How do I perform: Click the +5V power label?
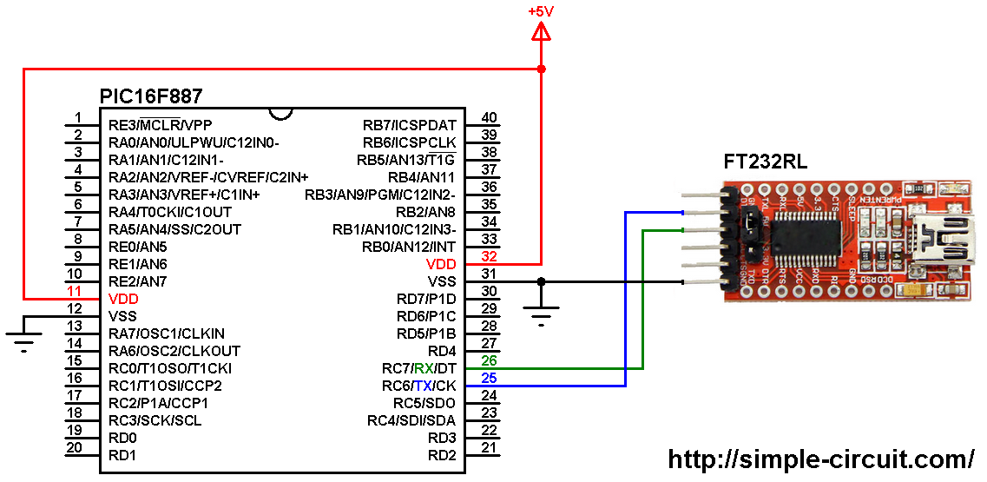[x=542, y=11]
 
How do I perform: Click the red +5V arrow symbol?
[x=542, y=33]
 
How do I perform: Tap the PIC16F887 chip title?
[x=151, y=96]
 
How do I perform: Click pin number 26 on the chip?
[x=489, y=360]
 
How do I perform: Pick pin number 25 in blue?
[x=489, y=378]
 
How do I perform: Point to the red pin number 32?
[x=489, y=256]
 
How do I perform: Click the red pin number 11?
[x=76, y=291]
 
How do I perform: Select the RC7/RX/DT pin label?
[x=419, y=368]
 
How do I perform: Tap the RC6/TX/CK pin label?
[x=419, y=386]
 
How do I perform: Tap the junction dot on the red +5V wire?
[x=542, y=69]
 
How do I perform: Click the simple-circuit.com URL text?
[x=820, y=459]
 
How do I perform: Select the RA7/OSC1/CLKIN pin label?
[x=167, y=333]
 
